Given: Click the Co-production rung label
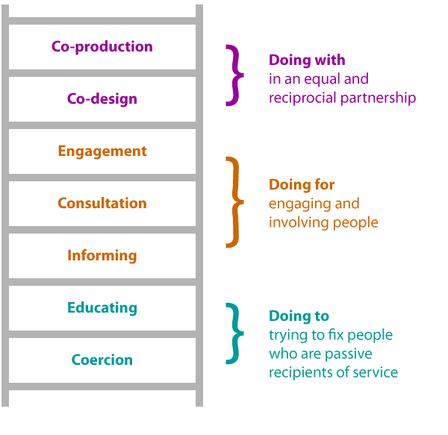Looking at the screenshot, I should tap(102, 46).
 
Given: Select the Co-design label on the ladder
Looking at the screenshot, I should tap(102, 98).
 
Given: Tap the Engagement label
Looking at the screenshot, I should tap(102, 151).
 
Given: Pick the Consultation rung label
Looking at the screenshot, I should tap(102, 203).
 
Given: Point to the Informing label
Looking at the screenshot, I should tap(102, 255).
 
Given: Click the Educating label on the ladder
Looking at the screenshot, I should tap(102, 307).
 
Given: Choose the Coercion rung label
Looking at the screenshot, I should tap(102, 360).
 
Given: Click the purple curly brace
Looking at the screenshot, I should tap(235, 75).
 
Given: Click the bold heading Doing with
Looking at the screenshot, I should tap(307, 60).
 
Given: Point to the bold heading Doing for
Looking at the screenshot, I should tap(302, 184).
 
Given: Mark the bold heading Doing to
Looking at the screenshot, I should tap(299, 316).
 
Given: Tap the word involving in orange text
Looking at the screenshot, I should tap(296, 222).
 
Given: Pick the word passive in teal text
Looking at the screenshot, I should tap(350, 354).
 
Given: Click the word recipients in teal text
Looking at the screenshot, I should tap(298, 372).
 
